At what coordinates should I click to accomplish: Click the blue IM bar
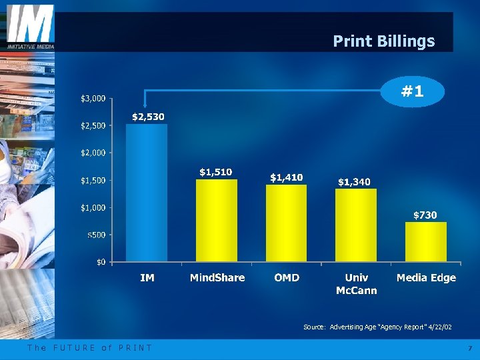coord(147,193)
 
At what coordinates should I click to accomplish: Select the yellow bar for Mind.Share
coord(217,220)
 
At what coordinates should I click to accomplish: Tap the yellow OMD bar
coord(286,223)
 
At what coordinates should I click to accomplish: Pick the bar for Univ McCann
coord(355,225)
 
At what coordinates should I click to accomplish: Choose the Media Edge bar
coord(426,241)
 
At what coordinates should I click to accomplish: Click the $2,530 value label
coord(148,117)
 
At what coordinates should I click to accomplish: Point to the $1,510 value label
coord(216,172)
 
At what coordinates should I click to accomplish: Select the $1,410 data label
coord(286,177)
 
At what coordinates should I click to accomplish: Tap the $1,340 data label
coord(355,181)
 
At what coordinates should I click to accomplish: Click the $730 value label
coord(425,215)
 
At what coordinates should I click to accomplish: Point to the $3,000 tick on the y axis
coord(92,99)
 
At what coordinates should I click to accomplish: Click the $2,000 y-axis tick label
coord(92,153)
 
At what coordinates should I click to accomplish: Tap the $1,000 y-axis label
coord(92,207)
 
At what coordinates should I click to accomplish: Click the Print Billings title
coord(383,41)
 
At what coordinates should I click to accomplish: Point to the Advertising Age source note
coord(377,327)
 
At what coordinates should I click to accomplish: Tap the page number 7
coord(469,349)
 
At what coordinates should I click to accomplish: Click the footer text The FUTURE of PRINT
coord(89,348)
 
